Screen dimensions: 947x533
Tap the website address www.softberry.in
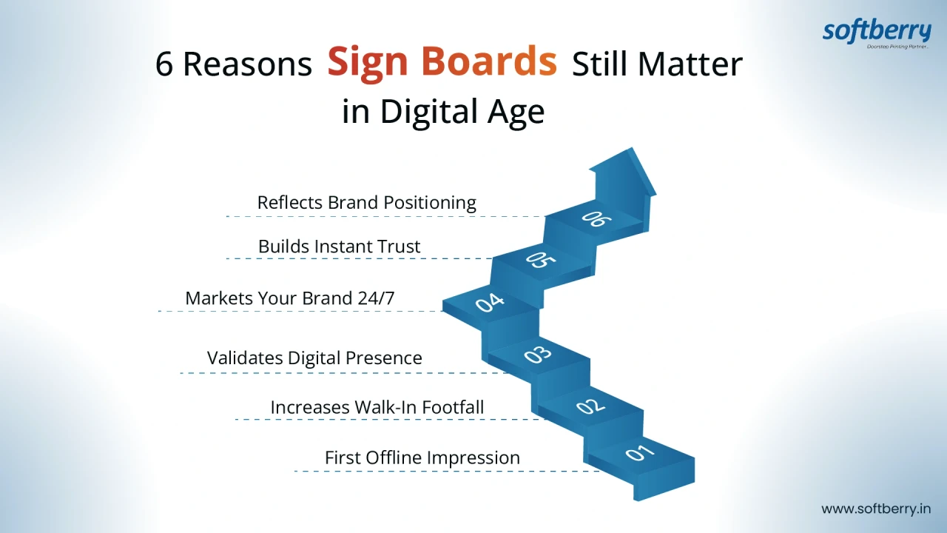(x=876, y=509)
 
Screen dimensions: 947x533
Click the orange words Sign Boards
(x=442, y=63)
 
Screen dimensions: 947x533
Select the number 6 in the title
(x=164, y=64)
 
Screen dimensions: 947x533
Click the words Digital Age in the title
(x=462, y=112)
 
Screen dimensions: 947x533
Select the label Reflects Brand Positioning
(x=366, y=203)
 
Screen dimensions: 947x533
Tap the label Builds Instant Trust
(x=339, y=247)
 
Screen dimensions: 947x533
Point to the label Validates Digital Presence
(x=314, y=358)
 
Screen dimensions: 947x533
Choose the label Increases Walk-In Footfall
(x=377, y=407)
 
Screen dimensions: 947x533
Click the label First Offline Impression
(x=422, y=458)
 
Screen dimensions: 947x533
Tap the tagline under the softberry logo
(x=898, y=47)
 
